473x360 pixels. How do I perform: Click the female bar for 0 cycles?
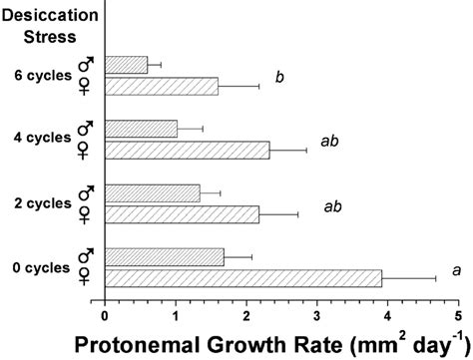243,277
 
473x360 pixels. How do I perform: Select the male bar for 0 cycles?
165,257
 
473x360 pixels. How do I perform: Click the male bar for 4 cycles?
141,129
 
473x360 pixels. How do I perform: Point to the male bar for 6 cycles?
126,65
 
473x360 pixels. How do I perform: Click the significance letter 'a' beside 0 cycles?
456,269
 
